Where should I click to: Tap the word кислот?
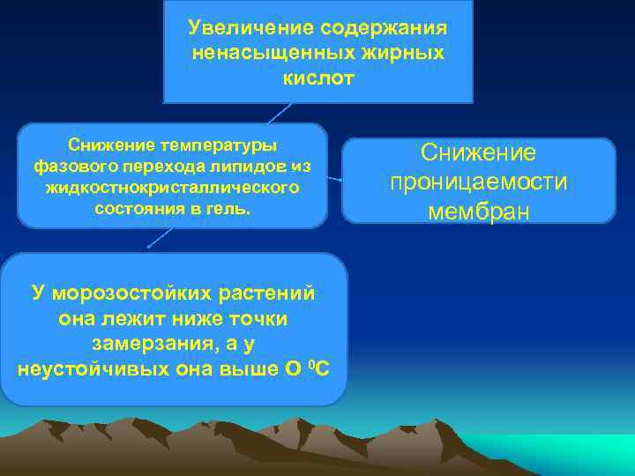point(318,78)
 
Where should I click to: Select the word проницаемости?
point(479,182)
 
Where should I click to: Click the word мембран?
point(479,212)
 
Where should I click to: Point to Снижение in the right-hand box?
point(478,152)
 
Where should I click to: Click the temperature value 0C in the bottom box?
point(315,367)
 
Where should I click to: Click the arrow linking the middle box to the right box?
point(335,179)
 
